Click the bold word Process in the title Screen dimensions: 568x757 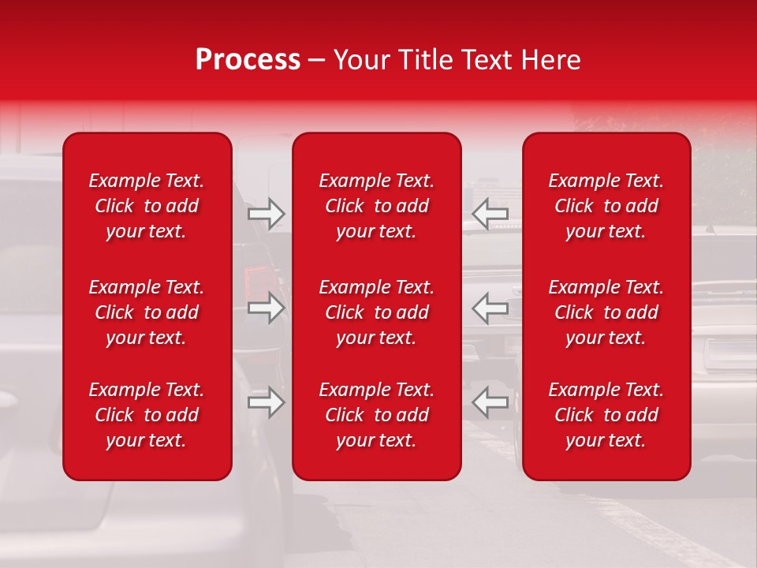(x=248, y=60)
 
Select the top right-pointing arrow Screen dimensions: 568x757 (x=267, y=214)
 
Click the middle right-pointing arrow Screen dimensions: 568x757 (x=267, y=308)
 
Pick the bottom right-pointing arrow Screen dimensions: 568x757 (x=267, y=402)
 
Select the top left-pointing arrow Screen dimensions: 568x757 (x=490, y=214)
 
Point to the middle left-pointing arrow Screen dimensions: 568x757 (x=490, y=308)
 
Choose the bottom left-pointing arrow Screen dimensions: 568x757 (x=490, y=402)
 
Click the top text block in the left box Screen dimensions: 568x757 (x=147, y=206)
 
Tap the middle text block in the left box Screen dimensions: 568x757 (x=147, y=312)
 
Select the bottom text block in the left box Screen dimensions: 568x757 (x=147, y=415)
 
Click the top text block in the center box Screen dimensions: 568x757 (x=377, y=206)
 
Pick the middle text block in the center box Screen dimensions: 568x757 (x=377, y=312)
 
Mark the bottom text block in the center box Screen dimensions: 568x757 (x=377, y=415)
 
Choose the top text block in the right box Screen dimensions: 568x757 (x=606, y=206)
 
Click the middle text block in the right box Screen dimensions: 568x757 (x=606, y=312)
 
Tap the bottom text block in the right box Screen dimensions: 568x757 (x=606, y=415)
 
